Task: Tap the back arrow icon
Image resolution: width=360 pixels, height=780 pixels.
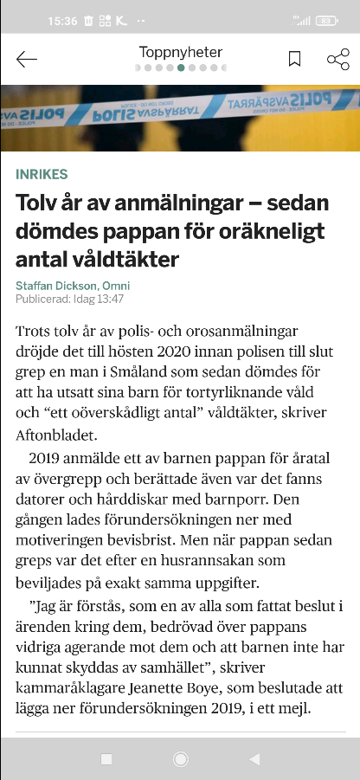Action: pos(27,59)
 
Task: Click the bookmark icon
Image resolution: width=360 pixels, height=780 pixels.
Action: pos(294,59)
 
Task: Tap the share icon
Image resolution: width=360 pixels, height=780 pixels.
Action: pos(337,59)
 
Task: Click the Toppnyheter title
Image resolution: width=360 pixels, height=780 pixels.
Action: pos(181,52)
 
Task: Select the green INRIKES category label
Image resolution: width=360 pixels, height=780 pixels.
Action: pos(42,175)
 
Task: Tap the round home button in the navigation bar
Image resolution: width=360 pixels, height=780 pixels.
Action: pos(181,759)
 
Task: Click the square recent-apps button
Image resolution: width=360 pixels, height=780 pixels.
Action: pos(106,759)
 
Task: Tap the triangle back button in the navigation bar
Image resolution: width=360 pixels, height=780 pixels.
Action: pos(254,759)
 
